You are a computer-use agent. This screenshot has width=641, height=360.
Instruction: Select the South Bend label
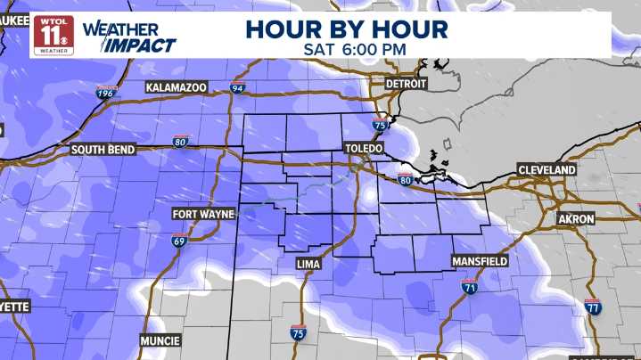pyautogui.click(x=103, y=150)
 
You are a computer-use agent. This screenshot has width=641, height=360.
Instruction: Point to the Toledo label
pyautogui.click(x=366, y=150)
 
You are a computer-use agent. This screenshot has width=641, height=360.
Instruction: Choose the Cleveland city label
pyautogui.click(x=546, y=169)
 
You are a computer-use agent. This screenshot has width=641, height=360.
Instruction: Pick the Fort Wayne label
pyautogui.click(x=204, y=215)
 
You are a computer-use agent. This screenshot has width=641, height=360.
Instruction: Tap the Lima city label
pyautogui.click(x=308, y=265)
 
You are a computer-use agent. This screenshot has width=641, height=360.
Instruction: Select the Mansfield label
pyautogui.click(x=479, y=261)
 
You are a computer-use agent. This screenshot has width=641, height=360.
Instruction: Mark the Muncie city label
pyautogui.click(x=160, y=340)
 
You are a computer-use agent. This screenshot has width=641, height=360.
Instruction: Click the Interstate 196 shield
pyautogui.click(x=107, y=92)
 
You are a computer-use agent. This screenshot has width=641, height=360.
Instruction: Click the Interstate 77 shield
pyautogui.click(x=593, y=307)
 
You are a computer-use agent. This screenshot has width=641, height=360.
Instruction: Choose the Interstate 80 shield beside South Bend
pyautogui.click(x=180, y=140)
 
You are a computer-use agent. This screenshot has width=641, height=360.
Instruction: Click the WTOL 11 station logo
pyautogui.click(x=53, y=34)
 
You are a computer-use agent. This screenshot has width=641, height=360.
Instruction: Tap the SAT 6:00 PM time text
pyautogui.click(x=346, y=48)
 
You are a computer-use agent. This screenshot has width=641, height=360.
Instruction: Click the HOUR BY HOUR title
pyautogui.click(x=346, y=28)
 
